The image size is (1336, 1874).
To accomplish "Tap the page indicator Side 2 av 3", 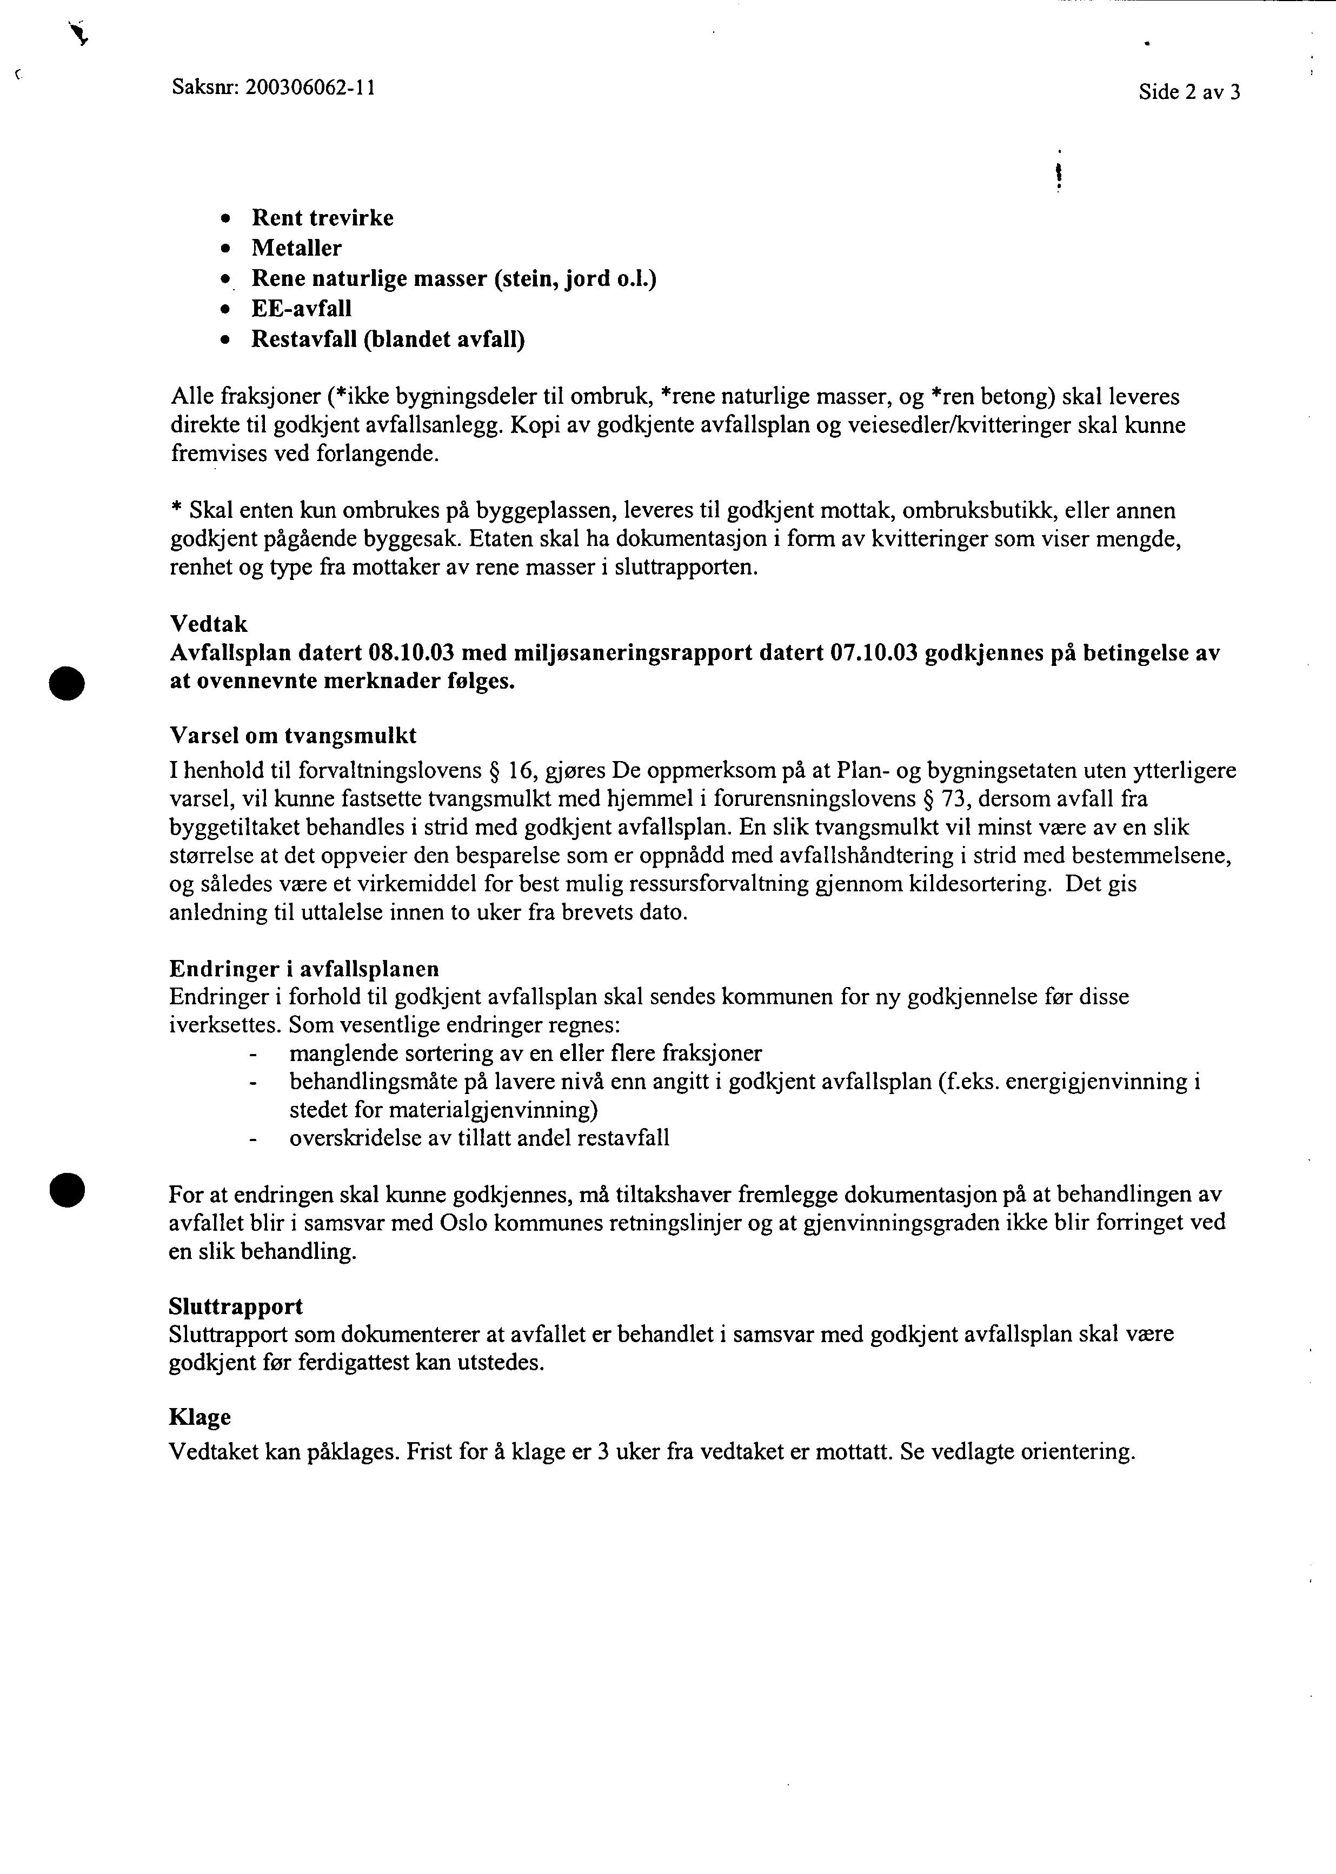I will (1189, 92).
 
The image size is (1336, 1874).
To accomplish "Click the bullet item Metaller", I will (296, 248).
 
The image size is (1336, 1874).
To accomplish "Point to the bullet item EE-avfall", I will (301, 308).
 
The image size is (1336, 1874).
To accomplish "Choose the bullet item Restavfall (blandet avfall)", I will (388, 339).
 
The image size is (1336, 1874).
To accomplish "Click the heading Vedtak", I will (209, 624).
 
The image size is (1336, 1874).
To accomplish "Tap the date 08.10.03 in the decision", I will (412, 653).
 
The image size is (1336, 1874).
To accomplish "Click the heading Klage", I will (200, 1417).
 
